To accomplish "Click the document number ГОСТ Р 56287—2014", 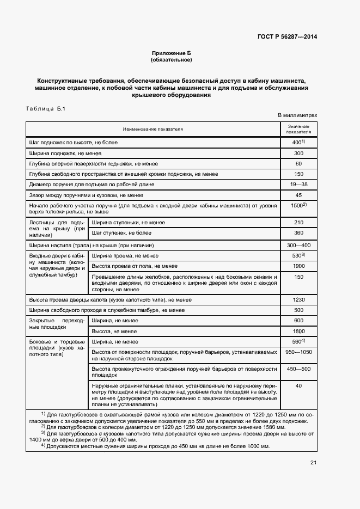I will tap(286, 37).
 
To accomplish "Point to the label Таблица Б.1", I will tap(45, 109).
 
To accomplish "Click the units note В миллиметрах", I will tap(297, 115).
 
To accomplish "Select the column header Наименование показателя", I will tap(153, 129).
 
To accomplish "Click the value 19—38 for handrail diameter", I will tap(298, 184).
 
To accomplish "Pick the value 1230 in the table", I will tap(298, 300).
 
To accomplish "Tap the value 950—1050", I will tap(298, 352).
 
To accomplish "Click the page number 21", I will tap(313, 463).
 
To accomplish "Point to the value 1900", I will tap(298, 266).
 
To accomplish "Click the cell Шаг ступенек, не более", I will tap(121, 233).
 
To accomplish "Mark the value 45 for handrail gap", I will tap(298, 194).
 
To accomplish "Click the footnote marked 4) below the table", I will tap(158, 446).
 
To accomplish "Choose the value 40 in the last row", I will tap(298, 385).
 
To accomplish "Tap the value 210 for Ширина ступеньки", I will tap(298, 223).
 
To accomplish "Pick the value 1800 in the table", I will tap(298, 331).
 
